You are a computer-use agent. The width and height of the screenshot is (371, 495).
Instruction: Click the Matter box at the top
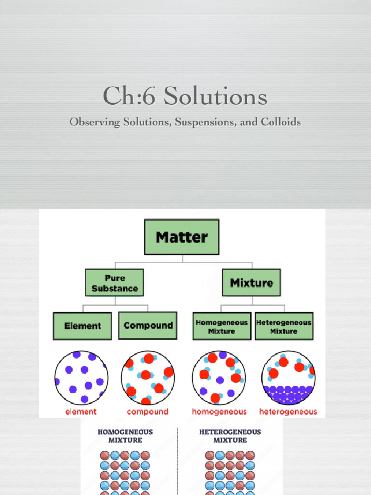[182, 237]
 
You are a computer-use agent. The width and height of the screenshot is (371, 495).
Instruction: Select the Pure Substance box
[114, 283]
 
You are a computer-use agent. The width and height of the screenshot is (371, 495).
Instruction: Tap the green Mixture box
[251, 283]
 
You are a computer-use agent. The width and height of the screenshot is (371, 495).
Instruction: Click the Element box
[82, 326]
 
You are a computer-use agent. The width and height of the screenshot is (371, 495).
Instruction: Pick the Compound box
[148, 325]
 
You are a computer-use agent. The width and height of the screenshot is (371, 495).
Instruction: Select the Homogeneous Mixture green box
[222, 326]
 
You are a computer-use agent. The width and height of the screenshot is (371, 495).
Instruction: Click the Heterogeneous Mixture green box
[284, 326]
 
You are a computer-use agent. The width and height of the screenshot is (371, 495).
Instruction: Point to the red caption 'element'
[81, 412]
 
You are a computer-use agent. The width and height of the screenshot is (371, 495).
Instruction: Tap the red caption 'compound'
[147, 412]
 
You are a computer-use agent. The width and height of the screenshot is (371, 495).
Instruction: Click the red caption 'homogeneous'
[219, 412]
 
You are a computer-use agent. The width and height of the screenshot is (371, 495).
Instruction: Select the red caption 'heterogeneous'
[288, 412]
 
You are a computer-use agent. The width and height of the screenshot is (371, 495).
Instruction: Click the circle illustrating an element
[81, 378]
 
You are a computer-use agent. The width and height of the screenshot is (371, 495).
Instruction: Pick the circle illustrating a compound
[147, 378]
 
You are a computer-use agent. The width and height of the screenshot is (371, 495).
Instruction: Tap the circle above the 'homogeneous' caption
[219, 378]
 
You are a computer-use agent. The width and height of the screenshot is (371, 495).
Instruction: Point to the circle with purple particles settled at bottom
[288, 378]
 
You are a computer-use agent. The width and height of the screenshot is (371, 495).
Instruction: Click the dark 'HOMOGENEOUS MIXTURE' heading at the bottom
[125, 436]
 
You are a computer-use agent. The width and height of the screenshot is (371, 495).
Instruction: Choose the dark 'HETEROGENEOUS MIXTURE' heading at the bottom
[230, 436]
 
